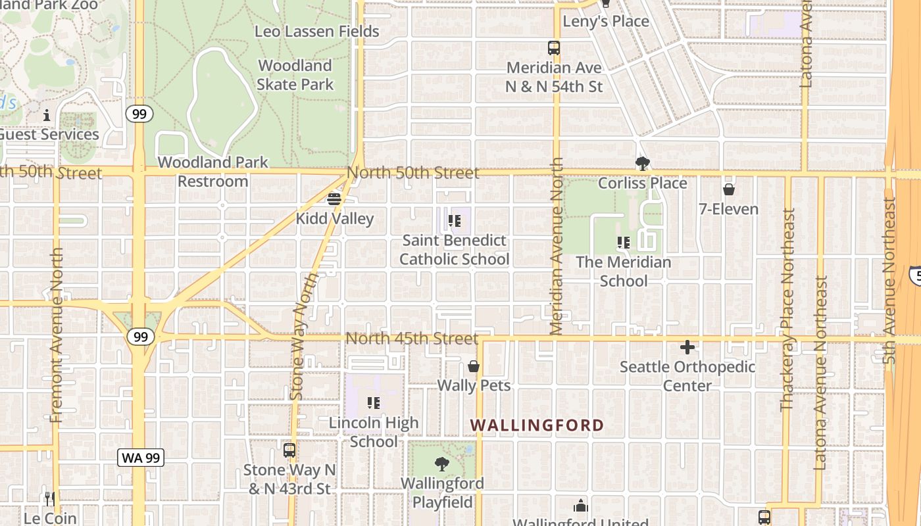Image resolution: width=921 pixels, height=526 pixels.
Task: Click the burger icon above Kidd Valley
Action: [334, 199]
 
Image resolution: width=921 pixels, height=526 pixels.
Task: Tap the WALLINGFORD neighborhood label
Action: [537, 425]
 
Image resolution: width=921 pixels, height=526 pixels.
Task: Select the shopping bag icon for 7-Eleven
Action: [728, 190]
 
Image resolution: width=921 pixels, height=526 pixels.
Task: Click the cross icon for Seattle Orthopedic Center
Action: [687, 347]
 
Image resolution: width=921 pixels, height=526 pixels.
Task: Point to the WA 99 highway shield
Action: [141, 458]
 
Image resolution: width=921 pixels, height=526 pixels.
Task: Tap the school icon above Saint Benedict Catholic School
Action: [454, 221]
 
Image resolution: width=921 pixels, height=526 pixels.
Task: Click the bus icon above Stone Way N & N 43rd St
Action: [289, 450]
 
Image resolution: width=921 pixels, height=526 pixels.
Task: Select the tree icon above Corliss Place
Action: [642, 163]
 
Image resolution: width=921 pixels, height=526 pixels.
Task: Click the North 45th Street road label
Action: [412, 339]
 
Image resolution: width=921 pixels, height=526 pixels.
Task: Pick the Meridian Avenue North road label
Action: [557, 246]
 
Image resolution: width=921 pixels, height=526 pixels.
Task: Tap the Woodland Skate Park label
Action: [295, 75]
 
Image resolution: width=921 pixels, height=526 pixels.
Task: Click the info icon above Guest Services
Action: [47, 116]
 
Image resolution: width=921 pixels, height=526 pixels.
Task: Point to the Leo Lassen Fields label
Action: [317, 32]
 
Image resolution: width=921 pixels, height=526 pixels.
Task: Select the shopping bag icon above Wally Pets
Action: [473, 366]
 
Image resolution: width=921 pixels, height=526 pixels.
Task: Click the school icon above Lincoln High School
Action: [374, 403]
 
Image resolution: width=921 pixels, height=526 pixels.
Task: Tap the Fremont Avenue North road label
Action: [56, 335]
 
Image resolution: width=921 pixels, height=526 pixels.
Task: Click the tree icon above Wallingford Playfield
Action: [442, 464]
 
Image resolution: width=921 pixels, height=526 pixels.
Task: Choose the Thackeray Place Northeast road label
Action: [787, 310]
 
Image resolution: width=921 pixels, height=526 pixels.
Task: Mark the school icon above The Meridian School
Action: [624, 243]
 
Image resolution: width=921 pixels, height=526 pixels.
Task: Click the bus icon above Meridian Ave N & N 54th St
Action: [554, 48]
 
